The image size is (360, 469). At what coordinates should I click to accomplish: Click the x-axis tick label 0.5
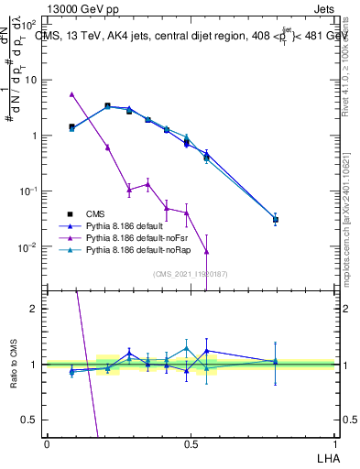(190, 443)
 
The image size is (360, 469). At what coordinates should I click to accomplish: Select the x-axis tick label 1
(333, 443)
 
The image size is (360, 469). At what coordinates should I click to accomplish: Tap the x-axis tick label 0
(46, 443)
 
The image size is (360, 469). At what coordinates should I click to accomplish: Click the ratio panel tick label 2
(35, 309)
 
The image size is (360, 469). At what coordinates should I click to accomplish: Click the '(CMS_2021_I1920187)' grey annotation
(190, 274)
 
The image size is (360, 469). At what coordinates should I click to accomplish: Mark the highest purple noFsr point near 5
(71, 93)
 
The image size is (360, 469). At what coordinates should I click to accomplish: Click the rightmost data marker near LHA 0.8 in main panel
(276, 220)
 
